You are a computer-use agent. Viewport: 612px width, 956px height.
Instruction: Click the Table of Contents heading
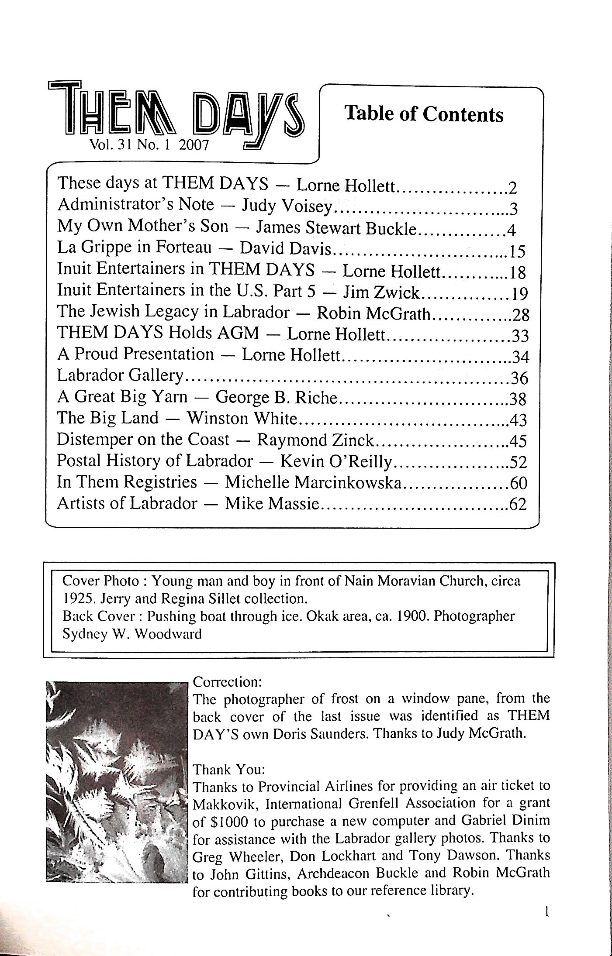(x=424, y=114)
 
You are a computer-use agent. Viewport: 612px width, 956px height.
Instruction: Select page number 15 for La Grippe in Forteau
(x=517, y=251)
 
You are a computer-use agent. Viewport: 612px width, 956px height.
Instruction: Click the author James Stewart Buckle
(x=337, y=227)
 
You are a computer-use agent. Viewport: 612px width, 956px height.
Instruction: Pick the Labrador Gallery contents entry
(x=120, y=375)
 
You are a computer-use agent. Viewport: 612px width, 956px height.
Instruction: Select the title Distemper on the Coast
(x=143, y=439)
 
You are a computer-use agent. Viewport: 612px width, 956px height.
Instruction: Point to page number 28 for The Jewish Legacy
(x=520, y=314)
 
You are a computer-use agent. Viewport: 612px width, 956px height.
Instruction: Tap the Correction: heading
(x=227, y=682)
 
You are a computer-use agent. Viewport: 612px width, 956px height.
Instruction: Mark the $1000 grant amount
(x=221, y=822)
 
